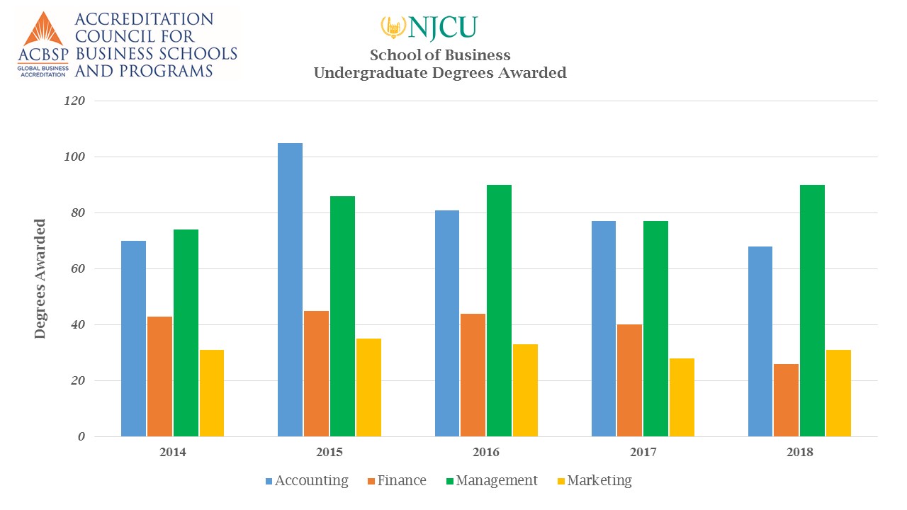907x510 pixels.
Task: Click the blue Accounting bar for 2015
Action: coord(290,290)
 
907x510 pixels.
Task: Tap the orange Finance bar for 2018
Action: coord(786,400)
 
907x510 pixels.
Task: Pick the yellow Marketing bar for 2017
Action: coord(682,397)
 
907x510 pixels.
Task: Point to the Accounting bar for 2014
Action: coord(133,339)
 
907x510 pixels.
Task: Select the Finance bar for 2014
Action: coord(159,376)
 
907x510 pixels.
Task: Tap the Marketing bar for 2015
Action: coord(368,387)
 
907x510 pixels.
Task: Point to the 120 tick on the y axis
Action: coord(74,101)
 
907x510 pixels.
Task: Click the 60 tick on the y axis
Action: coord(77,269)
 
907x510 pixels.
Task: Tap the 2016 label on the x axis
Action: coord(485,452)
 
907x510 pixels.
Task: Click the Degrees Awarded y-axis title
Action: coord(40,278)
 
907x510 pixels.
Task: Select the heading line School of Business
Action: coord(440,55)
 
